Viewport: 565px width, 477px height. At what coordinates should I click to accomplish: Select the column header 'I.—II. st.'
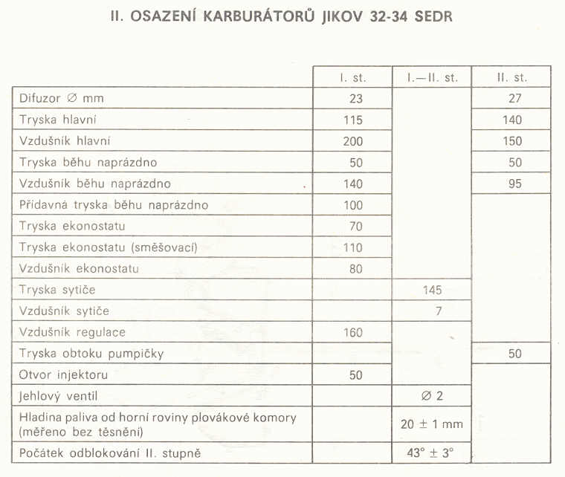pyautogui.click(x=432, y=77)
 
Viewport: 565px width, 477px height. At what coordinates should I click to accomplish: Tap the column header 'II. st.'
pyautogui.click(x=512, y=77)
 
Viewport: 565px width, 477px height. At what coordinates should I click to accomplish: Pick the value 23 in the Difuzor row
pyautogui.click(x=355, y=98)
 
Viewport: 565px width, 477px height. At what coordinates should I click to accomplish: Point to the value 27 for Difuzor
pyautogui.click(x=514, y=98)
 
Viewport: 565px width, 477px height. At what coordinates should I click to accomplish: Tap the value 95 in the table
pyautogui.click(x=514, y=184)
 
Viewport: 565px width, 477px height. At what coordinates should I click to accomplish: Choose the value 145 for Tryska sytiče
pyautogui.click(x=432, y=291)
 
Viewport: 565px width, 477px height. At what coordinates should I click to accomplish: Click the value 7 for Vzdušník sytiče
pyautogui.click(x=439, y=311)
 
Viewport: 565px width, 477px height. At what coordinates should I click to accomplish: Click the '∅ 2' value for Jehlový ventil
pyautogui.click(x=432, y=396)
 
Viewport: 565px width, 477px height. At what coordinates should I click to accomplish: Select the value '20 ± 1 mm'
pyautogui.click(x=432, y=424)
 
